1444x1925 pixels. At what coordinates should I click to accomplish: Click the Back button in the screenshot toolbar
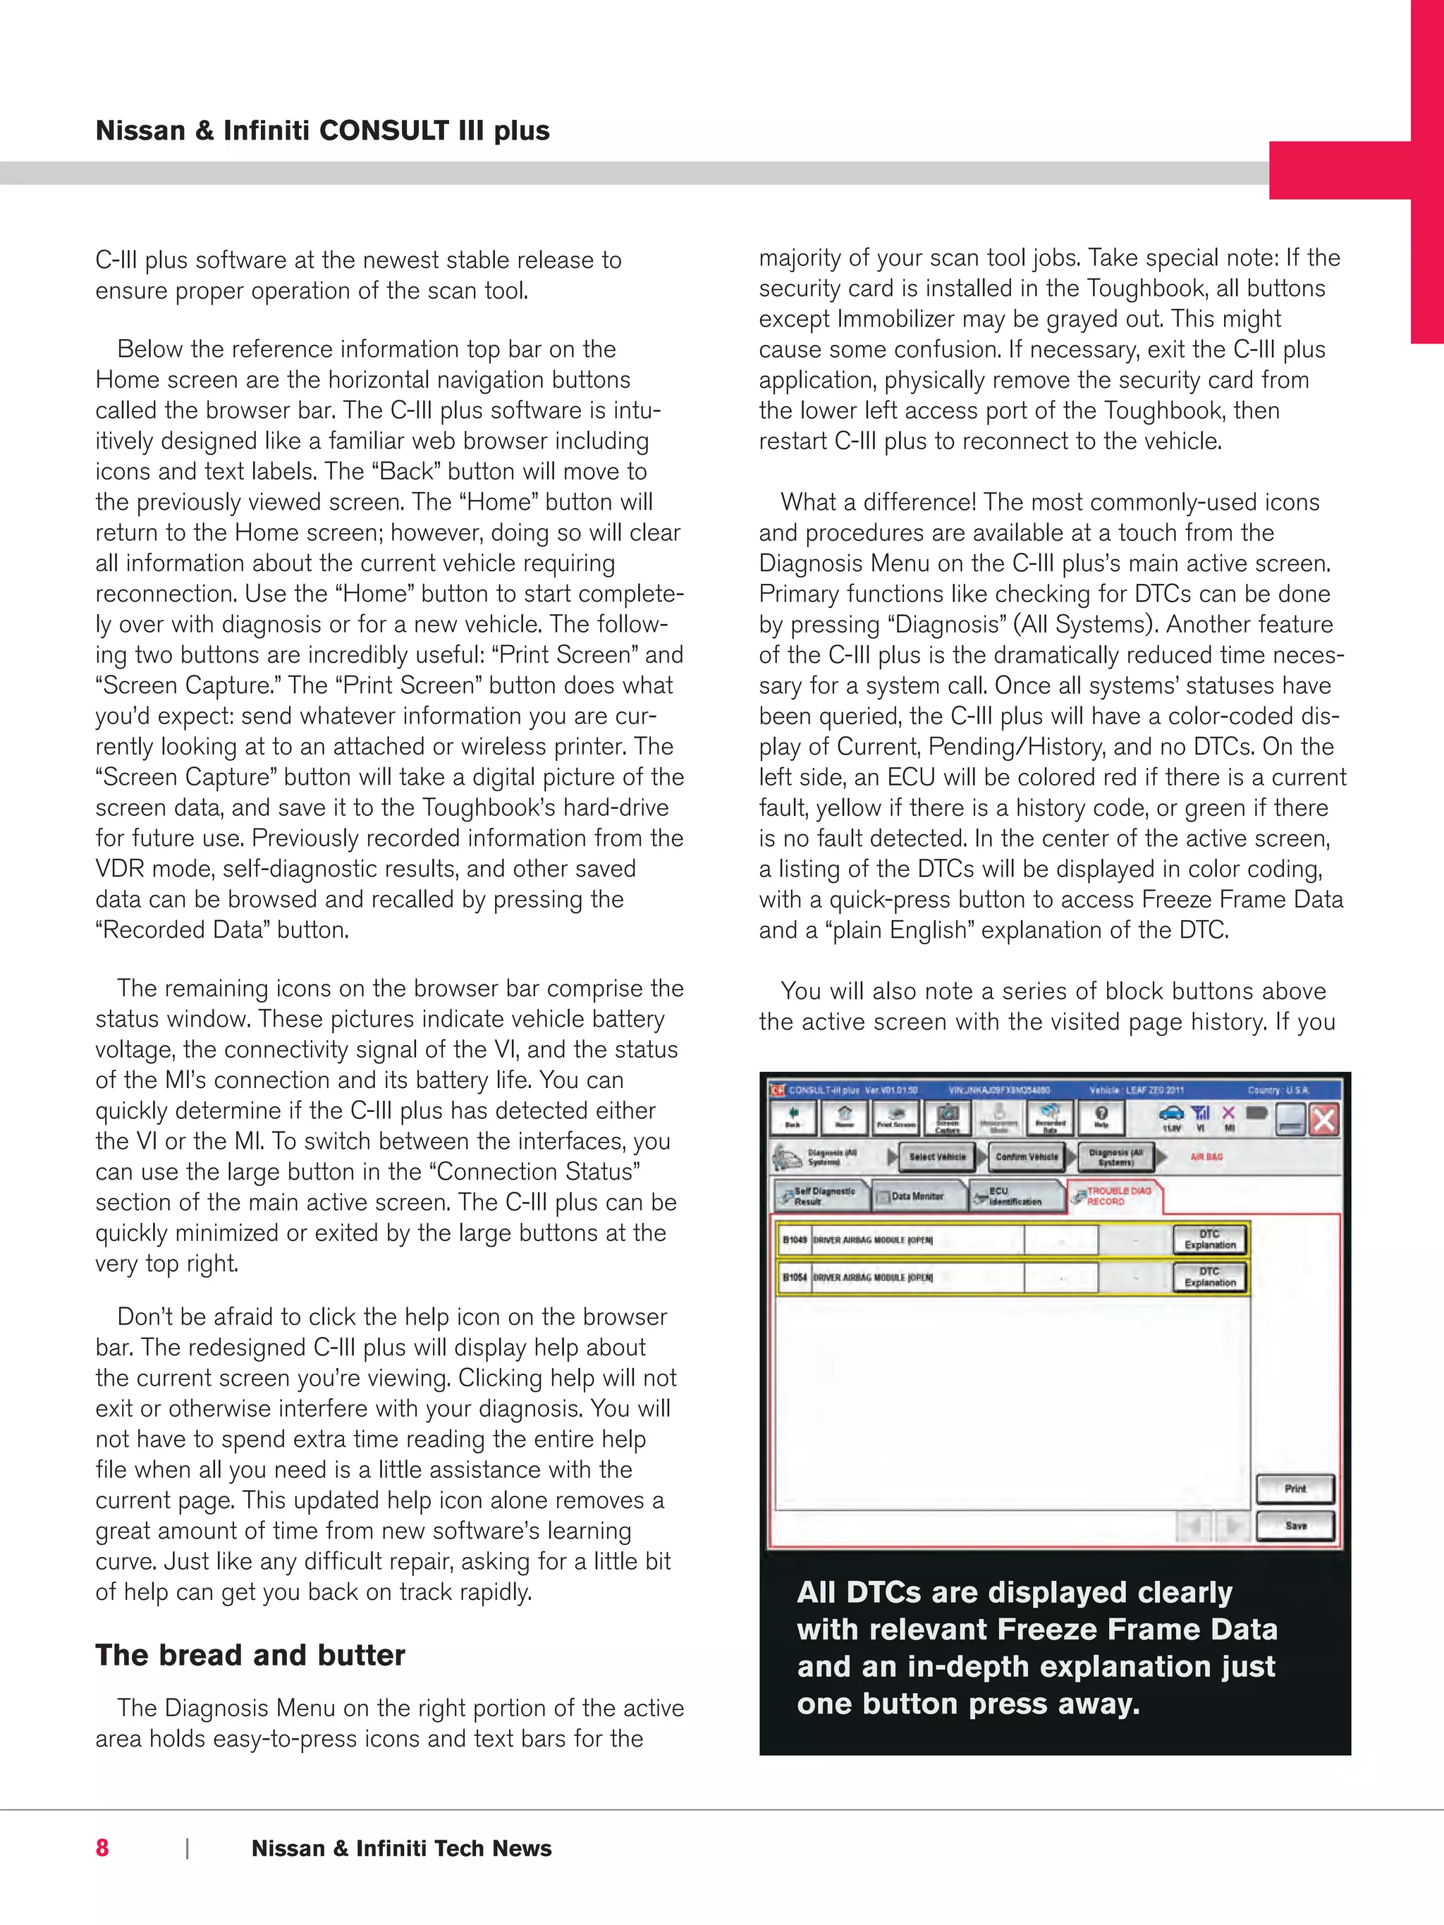pos(793,1118)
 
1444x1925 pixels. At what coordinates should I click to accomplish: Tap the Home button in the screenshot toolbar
pos(844,1118)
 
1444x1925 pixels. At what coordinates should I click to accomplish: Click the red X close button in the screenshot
pos(1324,1119)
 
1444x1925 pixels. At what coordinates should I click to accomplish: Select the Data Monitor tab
pos(917,1197)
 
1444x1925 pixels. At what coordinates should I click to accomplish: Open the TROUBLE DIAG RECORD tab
pos(1115,1196)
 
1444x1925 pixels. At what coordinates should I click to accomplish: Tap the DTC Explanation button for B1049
pos(1210,1239)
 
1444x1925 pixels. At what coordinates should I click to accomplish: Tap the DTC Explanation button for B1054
pos(1210,1277)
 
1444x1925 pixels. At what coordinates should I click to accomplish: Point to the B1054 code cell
pos(794,1278)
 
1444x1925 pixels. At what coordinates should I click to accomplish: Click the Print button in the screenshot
pos(1295,1488)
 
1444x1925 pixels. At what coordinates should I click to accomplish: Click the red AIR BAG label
pos(1206,1156)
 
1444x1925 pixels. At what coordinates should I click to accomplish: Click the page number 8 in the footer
pos(103,1847)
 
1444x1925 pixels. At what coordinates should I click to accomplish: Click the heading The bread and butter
pos(250,1654)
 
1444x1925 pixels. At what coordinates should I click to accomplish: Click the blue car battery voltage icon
pos(1172,1114)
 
